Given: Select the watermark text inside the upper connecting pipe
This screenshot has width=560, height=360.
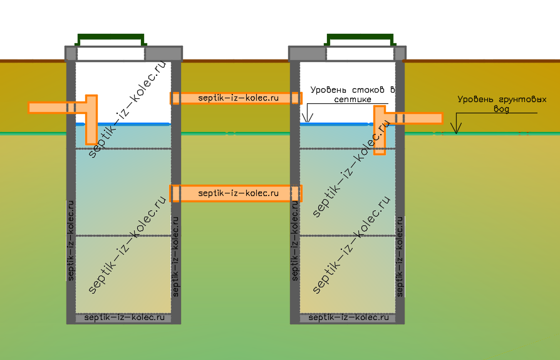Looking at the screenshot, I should (x=238, y=98).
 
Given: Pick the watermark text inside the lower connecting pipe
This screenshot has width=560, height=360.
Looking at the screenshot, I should (x=238, y=193).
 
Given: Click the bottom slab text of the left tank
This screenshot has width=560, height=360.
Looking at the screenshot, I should (x=123, y=318).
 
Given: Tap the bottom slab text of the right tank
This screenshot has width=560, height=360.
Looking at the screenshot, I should (x=348, y=318).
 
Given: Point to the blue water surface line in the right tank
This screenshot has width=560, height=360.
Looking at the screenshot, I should (x=335, y=124).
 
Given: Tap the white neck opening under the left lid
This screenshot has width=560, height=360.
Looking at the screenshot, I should (x=110, y=53).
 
